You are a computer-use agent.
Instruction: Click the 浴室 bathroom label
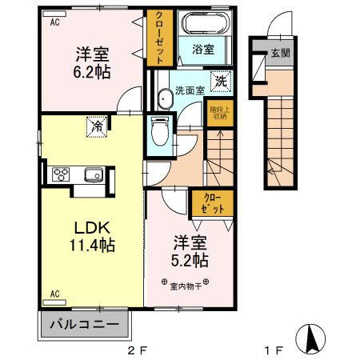click(202, 50)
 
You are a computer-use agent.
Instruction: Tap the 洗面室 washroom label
click(190, 90)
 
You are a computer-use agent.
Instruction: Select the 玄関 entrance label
click(279, 54)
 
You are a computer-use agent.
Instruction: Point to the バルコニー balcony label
click(83, 325)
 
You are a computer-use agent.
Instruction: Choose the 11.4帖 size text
click(90, 245)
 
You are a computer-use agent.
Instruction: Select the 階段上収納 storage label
click(218, 111)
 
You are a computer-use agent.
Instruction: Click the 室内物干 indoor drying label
click(185, 283)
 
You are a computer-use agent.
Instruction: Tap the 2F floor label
click(138, 350)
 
